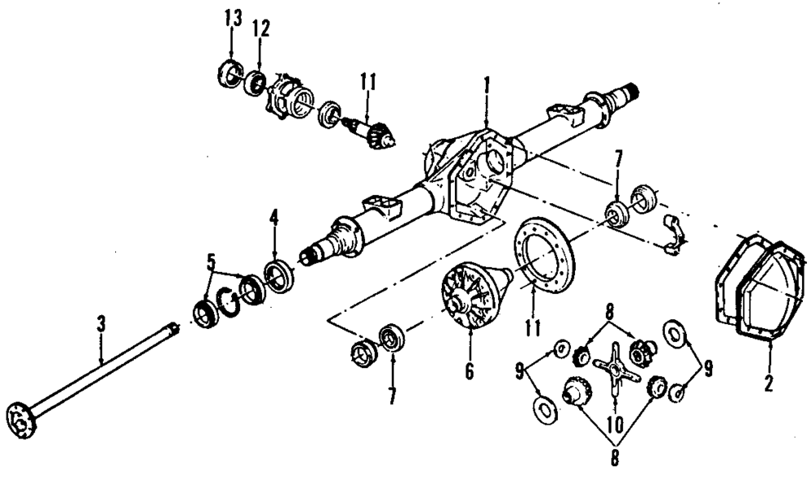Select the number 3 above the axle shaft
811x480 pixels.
point(101,324)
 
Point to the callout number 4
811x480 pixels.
point(274,217)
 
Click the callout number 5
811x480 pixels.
point(211,262)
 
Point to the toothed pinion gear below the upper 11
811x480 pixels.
point(377,132)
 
